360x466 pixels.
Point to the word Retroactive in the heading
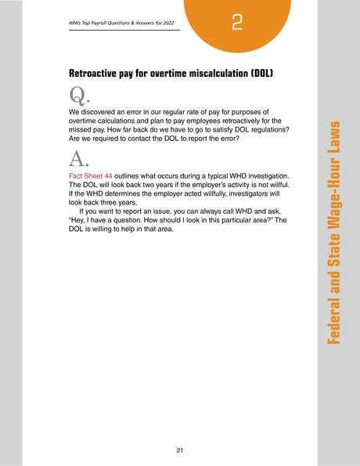pyautogui.click(x=97, y=74)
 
